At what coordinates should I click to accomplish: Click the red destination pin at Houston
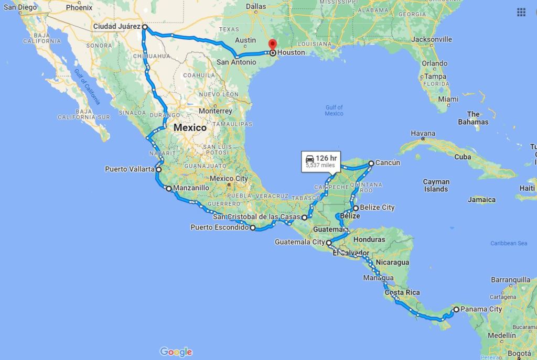click(x=272, y=46)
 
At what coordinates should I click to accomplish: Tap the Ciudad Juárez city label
click(x=117, y=26)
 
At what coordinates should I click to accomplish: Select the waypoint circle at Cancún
click(x=371, y=163)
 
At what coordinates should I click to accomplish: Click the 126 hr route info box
click(x=320, y=161)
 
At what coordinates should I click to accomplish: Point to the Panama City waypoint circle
click(x=456, y=309)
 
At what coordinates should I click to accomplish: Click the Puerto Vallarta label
click(x=130, y=169)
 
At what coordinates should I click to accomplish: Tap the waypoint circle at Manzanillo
click(x=168, y=188)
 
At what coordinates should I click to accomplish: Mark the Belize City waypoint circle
click(x=356, y=208)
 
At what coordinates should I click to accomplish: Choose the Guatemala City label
click(x=299, y=242)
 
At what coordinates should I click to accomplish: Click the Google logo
click(x=176, y=352)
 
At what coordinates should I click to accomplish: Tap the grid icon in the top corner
click(x=521, y=12)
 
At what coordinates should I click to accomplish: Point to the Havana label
click(x=423, y=134)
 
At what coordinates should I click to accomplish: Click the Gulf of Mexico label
click(x=334, y=110)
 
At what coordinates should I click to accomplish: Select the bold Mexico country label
click(x=190, y=127)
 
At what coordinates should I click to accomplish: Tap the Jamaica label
click(x=482, y=200)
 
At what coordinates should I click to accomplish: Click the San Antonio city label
click(x=237, y=62)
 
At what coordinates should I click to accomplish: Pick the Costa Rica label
click(x=402, y=292)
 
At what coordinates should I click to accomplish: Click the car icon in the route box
click(x=310, y=158)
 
